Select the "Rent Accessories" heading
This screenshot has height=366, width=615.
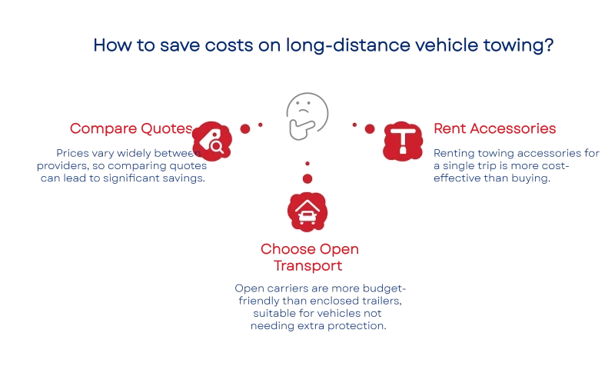pos(495,128)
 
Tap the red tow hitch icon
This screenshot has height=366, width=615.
pos(402,140)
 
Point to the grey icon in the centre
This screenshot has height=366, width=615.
pos(307,115)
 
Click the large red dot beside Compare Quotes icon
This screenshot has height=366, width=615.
pos(245,128)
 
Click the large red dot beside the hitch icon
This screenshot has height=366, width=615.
pos(369,128)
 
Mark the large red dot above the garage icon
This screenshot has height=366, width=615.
pos(307,178)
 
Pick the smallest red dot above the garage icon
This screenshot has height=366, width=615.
pos(307,164)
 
